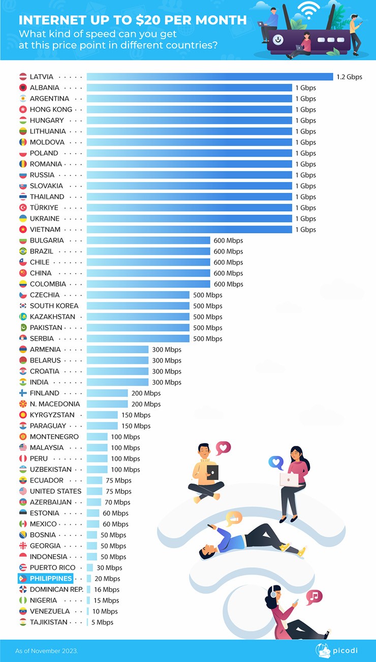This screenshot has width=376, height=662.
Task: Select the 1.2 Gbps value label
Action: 349,77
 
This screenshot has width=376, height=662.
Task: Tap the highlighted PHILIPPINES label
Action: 50,579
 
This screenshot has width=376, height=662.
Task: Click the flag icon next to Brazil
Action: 23,251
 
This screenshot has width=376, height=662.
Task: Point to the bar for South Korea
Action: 138,306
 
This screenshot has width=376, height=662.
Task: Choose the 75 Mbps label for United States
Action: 119,491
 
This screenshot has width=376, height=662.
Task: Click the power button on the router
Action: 278,39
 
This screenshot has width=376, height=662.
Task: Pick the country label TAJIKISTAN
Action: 48,622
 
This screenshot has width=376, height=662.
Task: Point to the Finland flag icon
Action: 23,393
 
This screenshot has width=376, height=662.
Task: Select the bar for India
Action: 117,382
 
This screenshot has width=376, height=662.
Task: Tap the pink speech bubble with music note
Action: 314,596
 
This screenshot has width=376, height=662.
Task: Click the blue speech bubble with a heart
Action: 275,462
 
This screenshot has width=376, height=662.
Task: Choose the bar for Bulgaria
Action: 148,240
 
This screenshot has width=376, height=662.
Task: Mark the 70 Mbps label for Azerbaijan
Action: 117,502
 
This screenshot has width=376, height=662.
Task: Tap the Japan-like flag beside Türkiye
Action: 23,207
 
